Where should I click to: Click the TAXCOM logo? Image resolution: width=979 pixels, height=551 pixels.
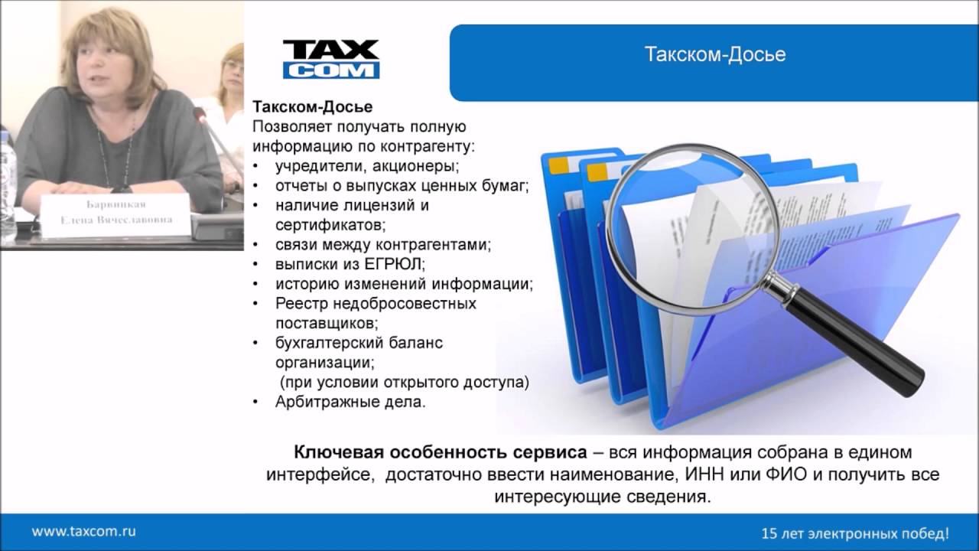(x=331, y=59)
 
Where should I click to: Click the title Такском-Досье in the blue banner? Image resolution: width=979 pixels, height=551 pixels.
(x=715, y=55)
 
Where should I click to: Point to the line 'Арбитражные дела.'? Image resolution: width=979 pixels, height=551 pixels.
(x=350, y=401)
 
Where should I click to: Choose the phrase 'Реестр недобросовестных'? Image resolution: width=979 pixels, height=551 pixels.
(x=376, y=304)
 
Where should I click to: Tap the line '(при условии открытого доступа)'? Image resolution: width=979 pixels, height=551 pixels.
(x=404, y=381)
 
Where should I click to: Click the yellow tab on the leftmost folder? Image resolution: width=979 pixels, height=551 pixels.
(x=559, y=164)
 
